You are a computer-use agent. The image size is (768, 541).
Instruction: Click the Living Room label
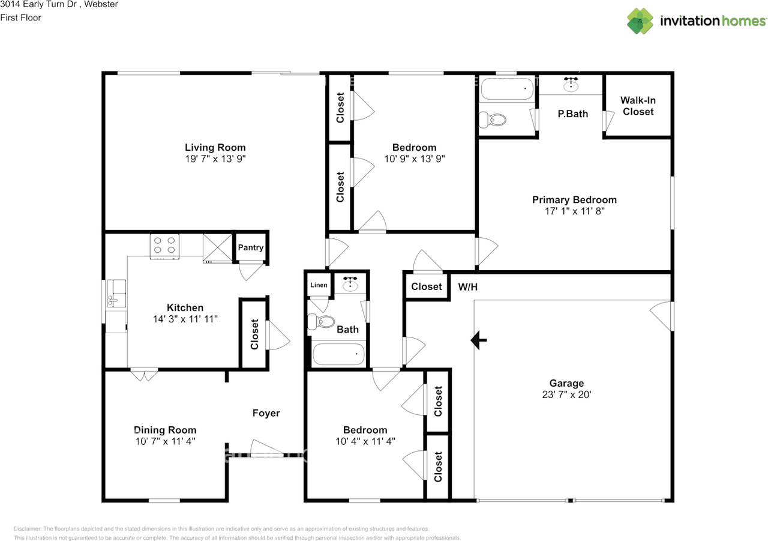pyautogui.click(x=215, y=148)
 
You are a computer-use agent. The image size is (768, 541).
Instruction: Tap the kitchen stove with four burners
pyautogui.click(x=164, y=246)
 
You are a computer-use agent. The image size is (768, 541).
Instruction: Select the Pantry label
pyautogui.click(x=251, y=248)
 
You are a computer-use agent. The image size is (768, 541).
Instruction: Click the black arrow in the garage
pyautogui.click(x=479, y=340)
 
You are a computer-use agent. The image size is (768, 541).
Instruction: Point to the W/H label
pyautogui.click(x=467, y=287)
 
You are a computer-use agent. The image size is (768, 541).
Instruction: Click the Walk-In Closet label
pyautogui.click(x=638, y=106)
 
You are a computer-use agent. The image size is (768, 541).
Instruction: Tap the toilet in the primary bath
pyautogui.click(x=493, y=120)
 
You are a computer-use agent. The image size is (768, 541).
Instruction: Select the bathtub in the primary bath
pyautogui.click(x=508, y=88)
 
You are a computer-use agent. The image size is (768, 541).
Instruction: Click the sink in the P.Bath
pyautogui.click(x=571, y=84)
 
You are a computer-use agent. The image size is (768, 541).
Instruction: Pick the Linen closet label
pyautogui.click(x=319, y=285)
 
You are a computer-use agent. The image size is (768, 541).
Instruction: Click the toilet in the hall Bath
pyautogui.click(x=321, y=322)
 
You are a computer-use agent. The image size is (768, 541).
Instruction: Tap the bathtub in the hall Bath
pyautogui.click(x=339, y=354)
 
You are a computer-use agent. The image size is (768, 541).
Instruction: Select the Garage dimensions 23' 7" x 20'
pyautogui.click(x=567, y=394)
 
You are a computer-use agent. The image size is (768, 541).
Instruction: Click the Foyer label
pyautogui.click(x=266, y=413)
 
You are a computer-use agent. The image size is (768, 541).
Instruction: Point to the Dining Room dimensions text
pyautogui.click(x=165, y=441)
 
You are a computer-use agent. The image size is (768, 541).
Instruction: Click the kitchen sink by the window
pyautogui.click(x=116, y=293)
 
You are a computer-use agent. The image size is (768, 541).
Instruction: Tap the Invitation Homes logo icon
pyautogui.click(x=640, y=21)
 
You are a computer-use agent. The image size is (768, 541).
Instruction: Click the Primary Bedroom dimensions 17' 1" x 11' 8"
pyautogui.click(x=575, y=211)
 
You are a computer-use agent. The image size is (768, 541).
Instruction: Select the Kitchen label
pyautogui.click(x=185, y=307)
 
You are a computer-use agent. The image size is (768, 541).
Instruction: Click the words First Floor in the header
pyautogui.click(x=20, y=18)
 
